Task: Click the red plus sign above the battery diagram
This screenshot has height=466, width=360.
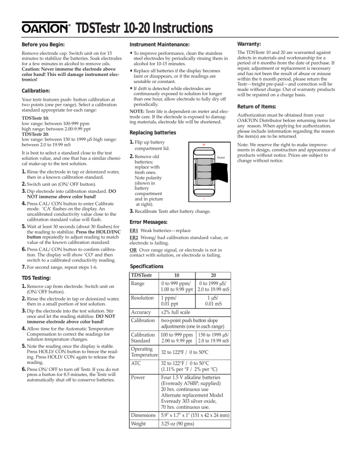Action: [204, 144]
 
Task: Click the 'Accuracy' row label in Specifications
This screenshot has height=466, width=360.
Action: [141, 325]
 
